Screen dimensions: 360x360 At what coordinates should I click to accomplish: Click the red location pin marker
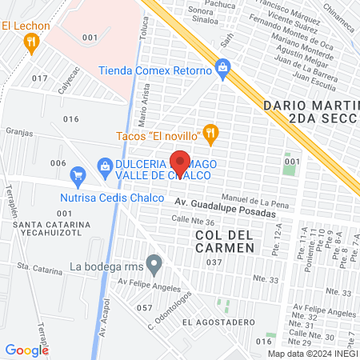pos(181,163)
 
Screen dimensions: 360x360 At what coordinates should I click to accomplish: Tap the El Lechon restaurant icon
pos(32,44)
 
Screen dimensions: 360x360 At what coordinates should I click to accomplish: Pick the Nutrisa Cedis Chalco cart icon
pos(78,174)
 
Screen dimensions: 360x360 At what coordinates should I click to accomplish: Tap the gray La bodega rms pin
pos(154,263)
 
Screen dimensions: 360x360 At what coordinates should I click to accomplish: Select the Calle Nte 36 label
pos(193,221)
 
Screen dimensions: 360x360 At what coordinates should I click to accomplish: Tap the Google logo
pos(26,350)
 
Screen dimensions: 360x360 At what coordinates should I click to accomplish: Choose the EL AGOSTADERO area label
pos(211,322)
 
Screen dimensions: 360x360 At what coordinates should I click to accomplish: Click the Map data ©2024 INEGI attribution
pos(313,354)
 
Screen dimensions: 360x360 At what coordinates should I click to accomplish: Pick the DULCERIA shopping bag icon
pos(103,165)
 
